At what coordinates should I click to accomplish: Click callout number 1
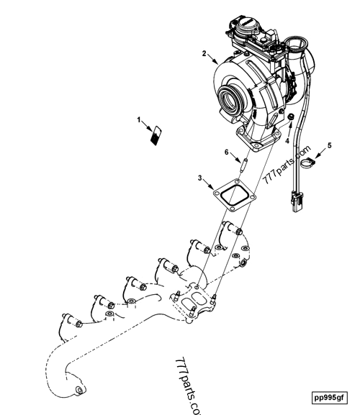[139, 120]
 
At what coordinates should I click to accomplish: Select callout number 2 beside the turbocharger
[204, 53]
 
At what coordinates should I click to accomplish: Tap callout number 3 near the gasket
[200, 178]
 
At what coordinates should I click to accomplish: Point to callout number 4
[287, 141]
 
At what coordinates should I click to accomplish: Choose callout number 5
[329, 145]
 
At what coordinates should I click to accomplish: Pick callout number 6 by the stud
[227, 152]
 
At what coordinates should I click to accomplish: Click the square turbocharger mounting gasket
[235, 196]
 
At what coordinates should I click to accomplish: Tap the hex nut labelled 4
[291, 117]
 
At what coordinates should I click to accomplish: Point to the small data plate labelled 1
[156, 135]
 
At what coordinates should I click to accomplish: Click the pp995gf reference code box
[329, 398]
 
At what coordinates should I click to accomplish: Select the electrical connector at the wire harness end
[297, 202]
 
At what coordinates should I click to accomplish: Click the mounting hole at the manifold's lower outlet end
[79, 389]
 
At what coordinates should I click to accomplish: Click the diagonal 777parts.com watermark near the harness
[287, 165]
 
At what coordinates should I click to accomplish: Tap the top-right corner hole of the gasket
[236, 182]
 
